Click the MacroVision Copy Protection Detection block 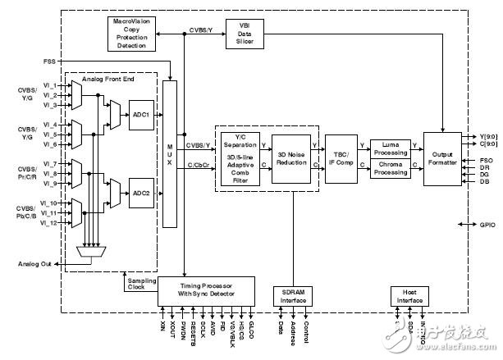coord(136,32)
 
